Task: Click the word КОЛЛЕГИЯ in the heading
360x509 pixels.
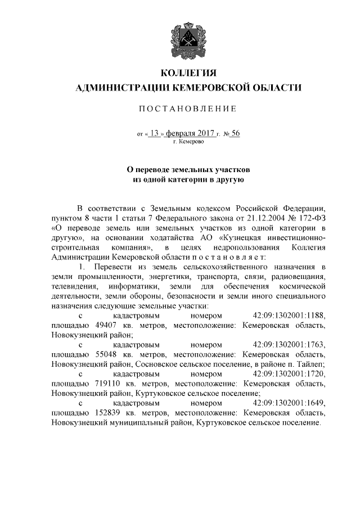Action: point(188,73)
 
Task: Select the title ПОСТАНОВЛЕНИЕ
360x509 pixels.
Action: point(188,108)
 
